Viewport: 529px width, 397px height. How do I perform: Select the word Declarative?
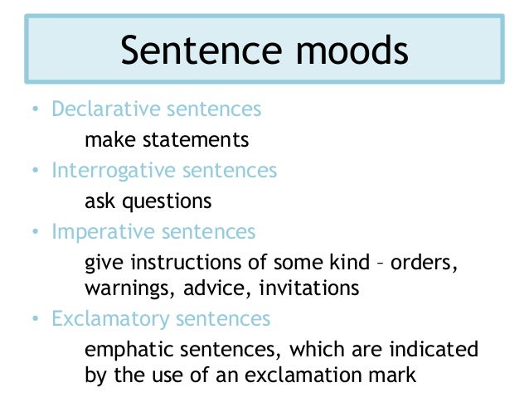coord(96,109)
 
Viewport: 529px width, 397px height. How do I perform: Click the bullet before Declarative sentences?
coord(35,109)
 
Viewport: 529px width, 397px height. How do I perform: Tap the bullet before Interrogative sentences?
coord(35,172)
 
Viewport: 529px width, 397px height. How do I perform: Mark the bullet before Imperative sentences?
coord(35,233)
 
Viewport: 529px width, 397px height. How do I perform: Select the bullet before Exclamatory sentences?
coord(35,318)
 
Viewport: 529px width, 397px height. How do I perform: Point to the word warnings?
coord(124,288)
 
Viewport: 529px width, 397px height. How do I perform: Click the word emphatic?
coord(125,349)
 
